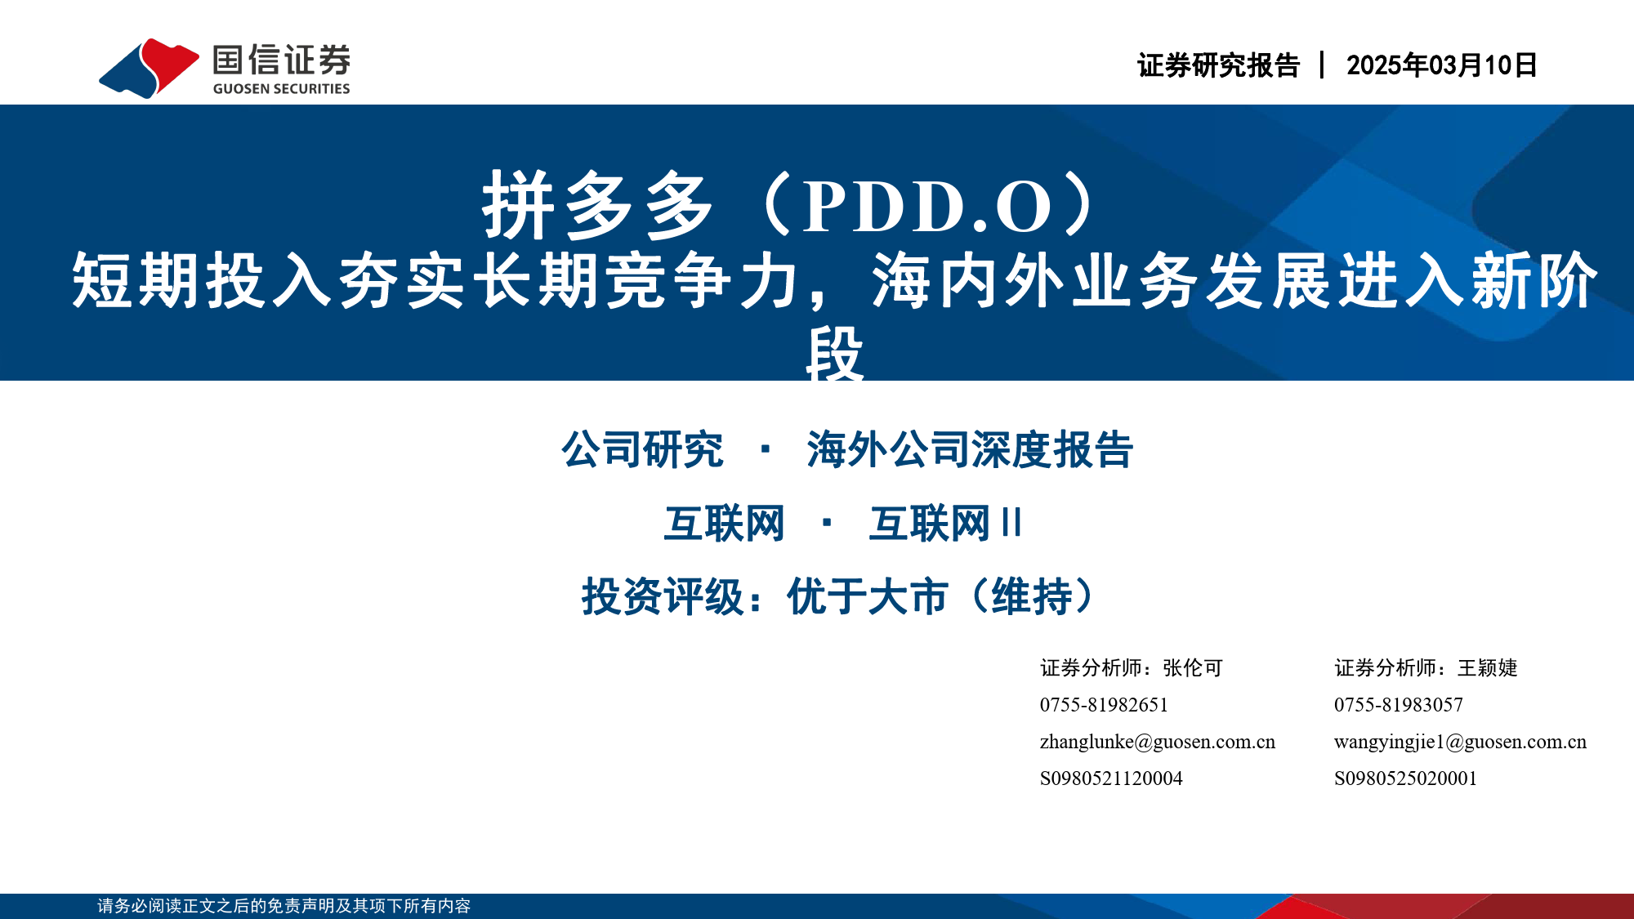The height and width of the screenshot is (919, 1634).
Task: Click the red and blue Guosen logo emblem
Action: click(x=149, y=68)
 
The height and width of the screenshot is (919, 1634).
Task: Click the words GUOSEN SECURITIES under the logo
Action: click(x=281, y=88)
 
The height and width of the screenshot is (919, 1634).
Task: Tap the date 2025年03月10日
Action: click(x=1441, y=65)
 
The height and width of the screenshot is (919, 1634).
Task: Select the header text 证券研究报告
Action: click(x=1218, y=65)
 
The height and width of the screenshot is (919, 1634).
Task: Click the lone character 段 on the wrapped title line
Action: click(x=834, y=353)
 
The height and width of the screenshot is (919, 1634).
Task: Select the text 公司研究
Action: click(x=642, y=449)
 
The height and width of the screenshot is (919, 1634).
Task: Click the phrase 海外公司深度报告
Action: click(x=970, y=449)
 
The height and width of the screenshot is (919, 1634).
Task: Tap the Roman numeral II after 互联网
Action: click(x=1011, y=523)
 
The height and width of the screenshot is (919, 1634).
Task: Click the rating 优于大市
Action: click(x=868, y=596)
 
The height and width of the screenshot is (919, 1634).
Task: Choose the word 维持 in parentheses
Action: click(x=1032, y=596)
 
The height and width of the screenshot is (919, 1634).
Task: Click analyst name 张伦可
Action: click(x=1193, y=668)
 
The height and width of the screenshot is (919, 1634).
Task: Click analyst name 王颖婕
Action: click(x=1487, y=668)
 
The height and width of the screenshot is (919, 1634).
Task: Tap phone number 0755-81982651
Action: click(x=1104, y=705)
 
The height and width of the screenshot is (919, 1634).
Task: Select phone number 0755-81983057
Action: click(x=1399, y=705)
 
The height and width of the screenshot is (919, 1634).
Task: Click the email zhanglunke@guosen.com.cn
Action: click(x=1158, y=742)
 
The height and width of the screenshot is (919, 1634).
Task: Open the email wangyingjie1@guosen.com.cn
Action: click(x=1461, y=742)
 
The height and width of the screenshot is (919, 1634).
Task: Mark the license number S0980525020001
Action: click(x=1405, y=778)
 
